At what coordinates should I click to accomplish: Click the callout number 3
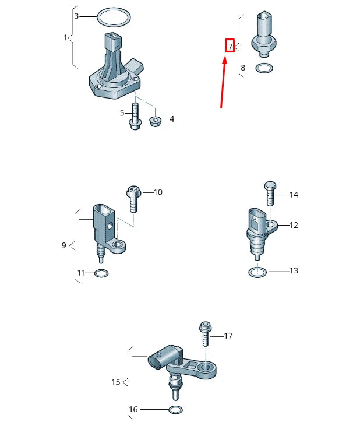tap(76, 16)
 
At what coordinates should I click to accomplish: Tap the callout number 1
tap(66, 38)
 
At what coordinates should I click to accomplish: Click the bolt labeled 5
tap(135, 117)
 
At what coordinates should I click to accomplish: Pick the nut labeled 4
tap(155, 121)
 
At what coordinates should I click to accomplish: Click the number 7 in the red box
tap(230, 45)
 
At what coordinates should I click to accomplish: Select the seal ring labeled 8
tap(264, 69)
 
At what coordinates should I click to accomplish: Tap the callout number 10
tap(158, 192)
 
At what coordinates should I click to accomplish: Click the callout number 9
tap(64, 245)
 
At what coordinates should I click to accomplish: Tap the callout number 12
tap(294, 224)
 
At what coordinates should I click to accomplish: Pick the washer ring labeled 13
tap(257, 271)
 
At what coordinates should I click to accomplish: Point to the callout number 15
tap(115, 382)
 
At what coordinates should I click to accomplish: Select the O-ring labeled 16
tap(174, 409)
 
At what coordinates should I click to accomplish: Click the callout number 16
tap(133, 409)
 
